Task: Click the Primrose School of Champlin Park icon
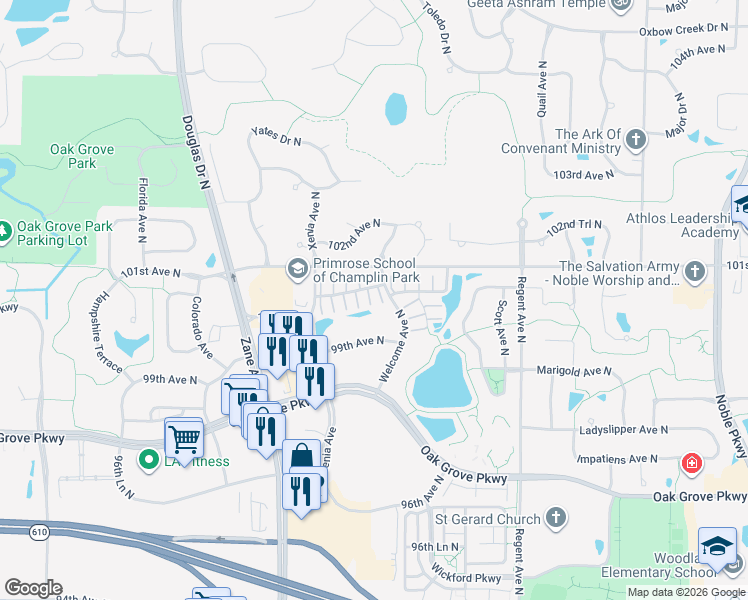(x=297, y=268)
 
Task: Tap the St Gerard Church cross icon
(x=557, y=518)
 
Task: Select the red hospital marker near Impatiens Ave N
(x=690, y=464)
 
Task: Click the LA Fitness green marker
(x=149, y=460)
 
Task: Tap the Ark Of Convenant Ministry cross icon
(x=636, y=141)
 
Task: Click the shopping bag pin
(x=301, y=458)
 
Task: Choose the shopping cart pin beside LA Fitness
(x=183, y=436)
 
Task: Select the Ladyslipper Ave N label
(x=624, y=429)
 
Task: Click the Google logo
(x=32, y=588)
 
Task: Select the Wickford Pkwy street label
(x=468, y=578)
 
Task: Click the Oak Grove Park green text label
(x=82, y=156)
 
